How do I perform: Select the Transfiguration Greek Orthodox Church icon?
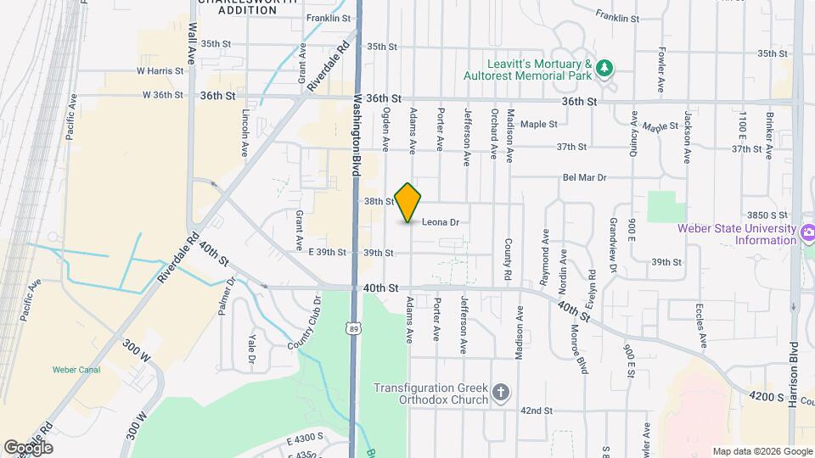(501, 392)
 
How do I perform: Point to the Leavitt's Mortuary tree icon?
(604, 68)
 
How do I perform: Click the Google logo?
(28, 447)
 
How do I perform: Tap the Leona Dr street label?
(441, 222)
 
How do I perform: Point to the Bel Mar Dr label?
(584, 178)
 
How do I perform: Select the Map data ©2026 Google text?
(762, 451)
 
